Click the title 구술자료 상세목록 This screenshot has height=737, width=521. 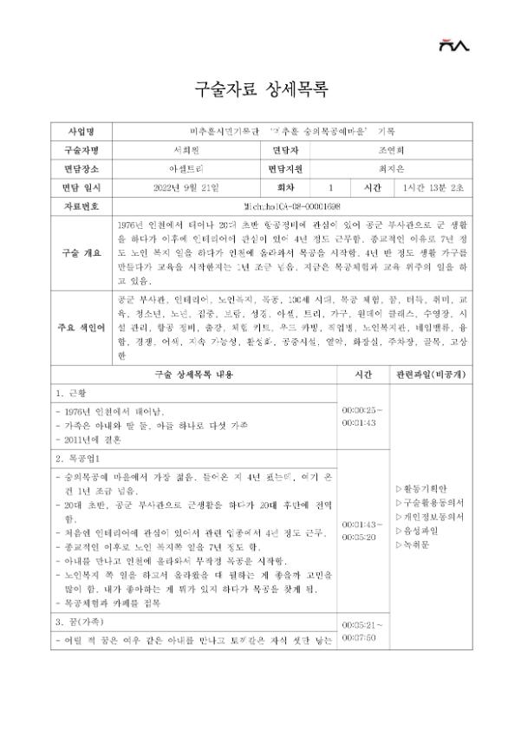click(260, 90)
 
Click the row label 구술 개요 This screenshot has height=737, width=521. click(83, 251)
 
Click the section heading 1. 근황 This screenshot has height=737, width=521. click(72, 394)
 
